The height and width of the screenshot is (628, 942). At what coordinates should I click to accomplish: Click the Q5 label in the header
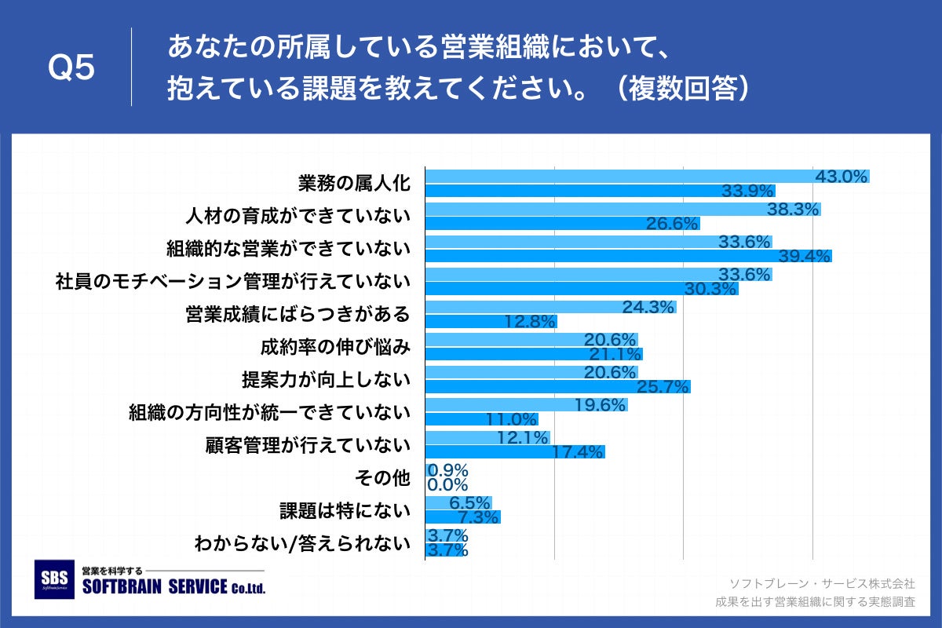pyautogui.click(x=71, y=69)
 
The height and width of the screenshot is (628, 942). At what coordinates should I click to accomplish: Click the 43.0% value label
pyautogui.click(x=842, y=177)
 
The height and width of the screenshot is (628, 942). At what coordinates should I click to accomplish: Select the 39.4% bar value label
pyautogui.click(x=805, y=256)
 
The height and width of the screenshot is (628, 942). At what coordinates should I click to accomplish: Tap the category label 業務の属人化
pyautogui.click(x=354, y=184)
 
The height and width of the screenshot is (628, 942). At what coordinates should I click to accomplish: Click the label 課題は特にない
pyautogui.click(x=345, y=510)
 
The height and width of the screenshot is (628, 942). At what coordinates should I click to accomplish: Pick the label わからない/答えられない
pyautogui.click(x=302, y=542)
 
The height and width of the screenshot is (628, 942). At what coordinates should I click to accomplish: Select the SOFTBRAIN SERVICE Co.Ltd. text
pyautogui.click(x=173, y=587)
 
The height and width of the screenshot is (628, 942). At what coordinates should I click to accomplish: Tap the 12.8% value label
pyautogui.click(x=530, y=321)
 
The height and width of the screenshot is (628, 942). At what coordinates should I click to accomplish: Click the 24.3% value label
pyautogui.click(x=648, y=307)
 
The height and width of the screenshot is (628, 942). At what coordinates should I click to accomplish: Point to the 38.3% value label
pyautogui.click(x=794, y=210)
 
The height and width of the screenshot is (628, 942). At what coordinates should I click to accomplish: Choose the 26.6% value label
pyautogui.click(x=672, y=224)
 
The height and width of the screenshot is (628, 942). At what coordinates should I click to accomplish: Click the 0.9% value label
pyautogui.click(x=447, y=470)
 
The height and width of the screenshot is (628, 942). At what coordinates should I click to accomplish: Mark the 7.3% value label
pyautogui.click(x=473, y=517)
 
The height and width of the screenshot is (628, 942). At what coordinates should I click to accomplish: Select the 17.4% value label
pyautogui.click(x=579, y=451)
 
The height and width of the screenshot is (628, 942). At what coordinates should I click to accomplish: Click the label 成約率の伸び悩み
pyautogui.click(x=335, y=346)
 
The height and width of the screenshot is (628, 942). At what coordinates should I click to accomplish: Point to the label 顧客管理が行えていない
pyautogui.click(x=308, y=445)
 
